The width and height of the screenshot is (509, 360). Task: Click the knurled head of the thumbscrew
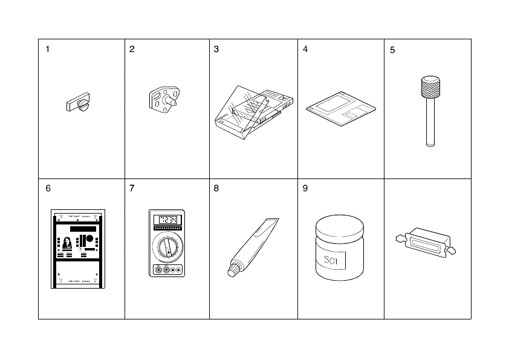click(x=430, y=88)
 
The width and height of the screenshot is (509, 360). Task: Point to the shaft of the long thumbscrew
click(x=430, y=124)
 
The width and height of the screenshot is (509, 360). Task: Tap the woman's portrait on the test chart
click(x=68, y=243)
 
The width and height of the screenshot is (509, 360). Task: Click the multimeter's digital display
click(x=167, y=220)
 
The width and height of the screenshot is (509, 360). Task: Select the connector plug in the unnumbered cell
click(x=423, y=244)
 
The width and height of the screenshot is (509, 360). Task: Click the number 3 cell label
click(x=216, y=50)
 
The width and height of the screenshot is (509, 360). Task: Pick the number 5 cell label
click(x=392, y=50)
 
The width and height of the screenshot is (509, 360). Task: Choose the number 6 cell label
click(x=48, y=188)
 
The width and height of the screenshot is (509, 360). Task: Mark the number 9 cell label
click(x=305, y=188)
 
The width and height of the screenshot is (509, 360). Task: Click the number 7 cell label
click(x=132, y=188)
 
